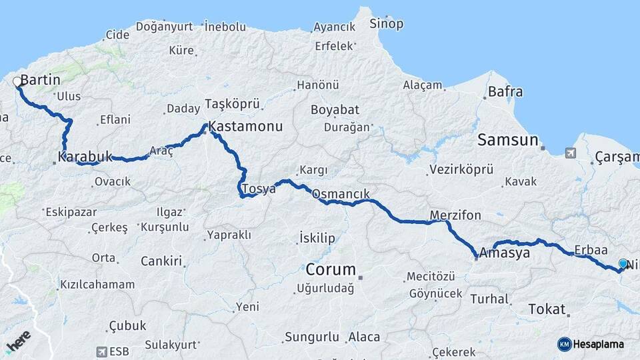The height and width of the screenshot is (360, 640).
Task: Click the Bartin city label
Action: click(x=41, y=80)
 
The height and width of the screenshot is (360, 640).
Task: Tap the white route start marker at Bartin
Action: click(x=17, y=82)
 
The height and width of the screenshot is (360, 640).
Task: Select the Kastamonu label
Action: click(x=245, y=126)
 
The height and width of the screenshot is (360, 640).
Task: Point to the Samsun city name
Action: click(x=507, y=140)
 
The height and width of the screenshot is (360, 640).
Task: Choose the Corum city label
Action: click(x=331, y=270)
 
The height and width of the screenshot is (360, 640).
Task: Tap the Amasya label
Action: click(x=505, y=253)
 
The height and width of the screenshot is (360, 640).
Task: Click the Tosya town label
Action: click(x=258, y=189)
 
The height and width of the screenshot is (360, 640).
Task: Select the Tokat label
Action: click(x=546, y=309)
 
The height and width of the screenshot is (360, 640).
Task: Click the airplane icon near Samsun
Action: click(x=570, y=153)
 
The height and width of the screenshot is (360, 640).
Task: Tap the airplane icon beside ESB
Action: click(x=101, y=351)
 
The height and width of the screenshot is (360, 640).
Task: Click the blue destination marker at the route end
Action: click(x=623, y=264)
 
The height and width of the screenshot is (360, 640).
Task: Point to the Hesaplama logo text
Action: click(x=599, y=344)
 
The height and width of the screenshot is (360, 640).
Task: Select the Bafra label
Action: click(x=505, y=92)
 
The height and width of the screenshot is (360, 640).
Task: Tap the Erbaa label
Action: click(x=590, y=250)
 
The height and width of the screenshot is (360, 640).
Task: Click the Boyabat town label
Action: click(x=335, y=110)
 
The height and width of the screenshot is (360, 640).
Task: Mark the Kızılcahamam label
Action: click(x=97, y=285)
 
